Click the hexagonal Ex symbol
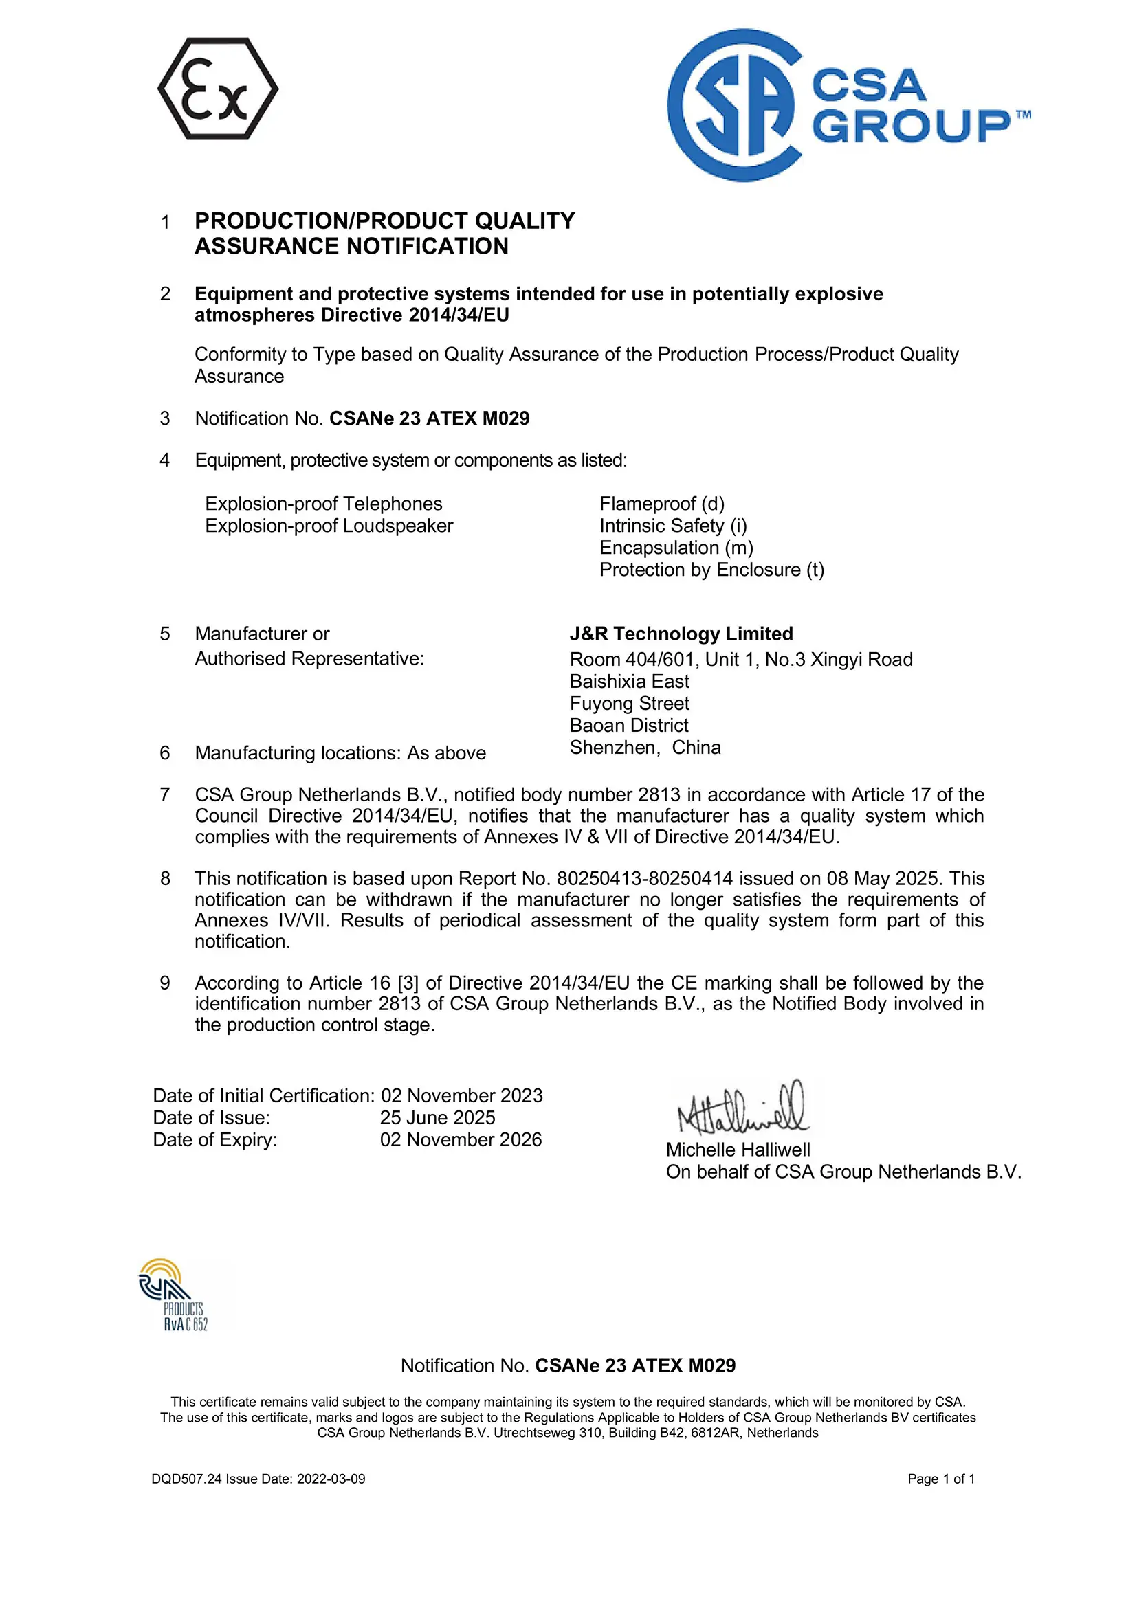(217, 89)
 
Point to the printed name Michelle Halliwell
(738, 1150)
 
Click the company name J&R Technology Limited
(681, 634)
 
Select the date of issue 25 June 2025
(437, 1118)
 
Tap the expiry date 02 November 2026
(461, 1139)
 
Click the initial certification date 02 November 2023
(461, 1095)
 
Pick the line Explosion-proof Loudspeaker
(329, 526)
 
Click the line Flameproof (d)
(661, 504)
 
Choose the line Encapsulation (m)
(676, 548)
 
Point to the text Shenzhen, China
(645, 747)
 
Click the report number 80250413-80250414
(645, 878)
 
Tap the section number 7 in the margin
(164, 794)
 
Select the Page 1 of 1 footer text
(941, 1478)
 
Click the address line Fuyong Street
(629, 703)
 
